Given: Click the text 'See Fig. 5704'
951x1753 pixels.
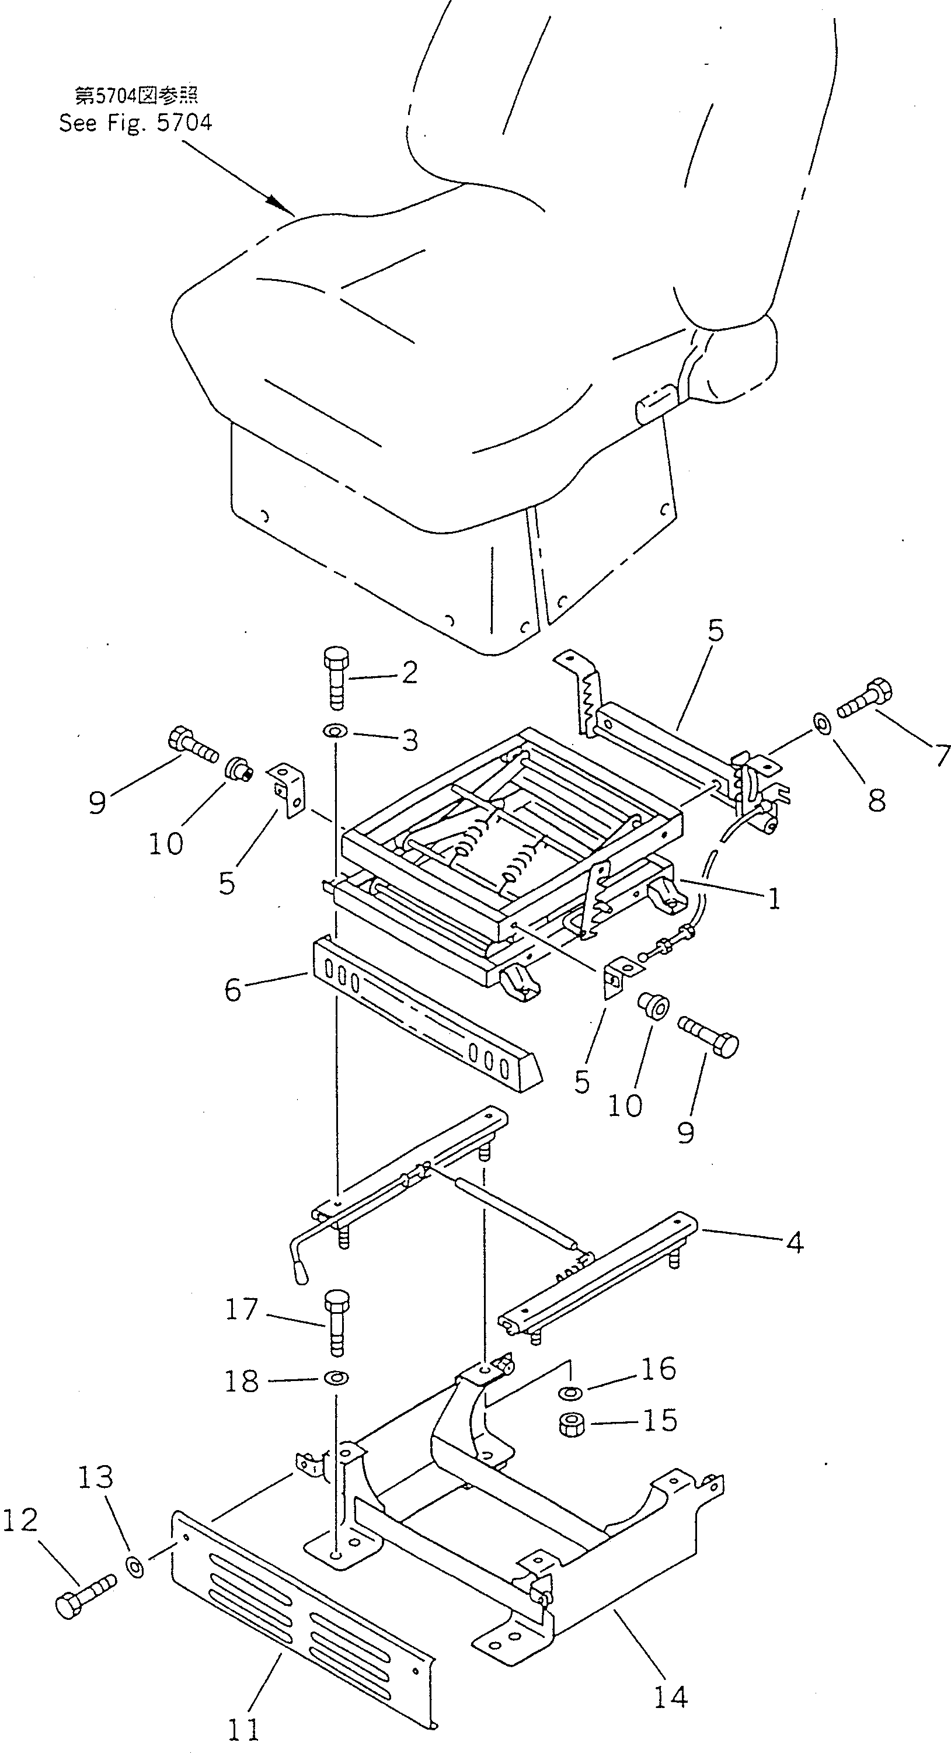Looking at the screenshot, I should coord(135,123).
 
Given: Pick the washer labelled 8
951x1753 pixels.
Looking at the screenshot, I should coord(822,724).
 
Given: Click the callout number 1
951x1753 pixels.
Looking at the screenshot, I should coord(774,900).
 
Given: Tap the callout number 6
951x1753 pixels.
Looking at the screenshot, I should coord(233,991).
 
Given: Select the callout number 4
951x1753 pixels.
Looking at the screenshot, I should coord(794,1242).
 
